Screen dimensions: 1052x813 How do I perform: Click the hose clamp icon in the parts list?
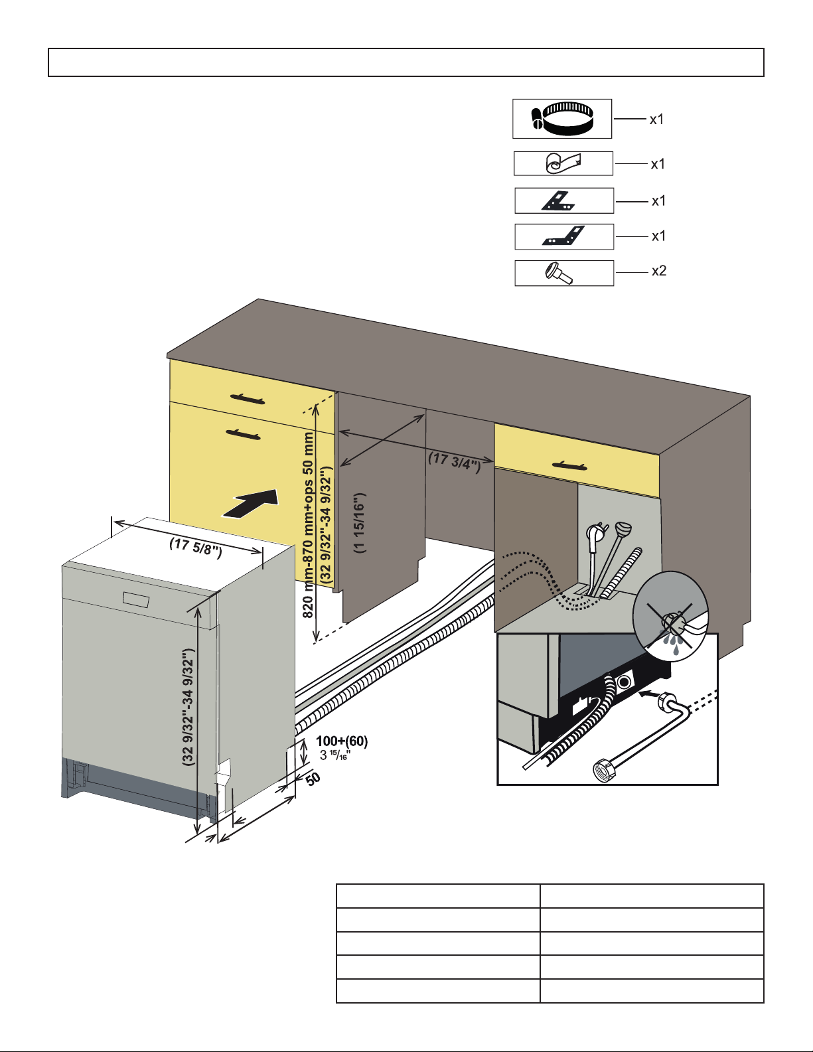tap(562, 118)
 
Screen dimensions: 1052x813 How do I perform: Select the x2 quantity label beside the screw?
tap(658, 271)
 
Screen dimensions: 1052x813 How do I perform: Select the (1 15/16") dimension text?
tap(359, 523)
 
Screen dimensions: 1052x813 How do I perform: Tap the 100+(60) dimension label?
tap(342, 741)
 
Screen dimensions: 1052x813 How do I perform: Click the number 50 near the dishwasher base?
tap(313, 777)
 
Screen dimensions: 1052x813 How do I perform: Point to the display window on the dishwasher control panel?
tap(137, 598)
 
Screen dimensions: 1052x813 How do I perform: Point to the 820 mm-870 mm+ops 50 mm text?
tap(309, 524)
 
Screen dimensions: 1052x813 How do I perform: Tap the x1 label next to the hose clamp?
tap(656, 119)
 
